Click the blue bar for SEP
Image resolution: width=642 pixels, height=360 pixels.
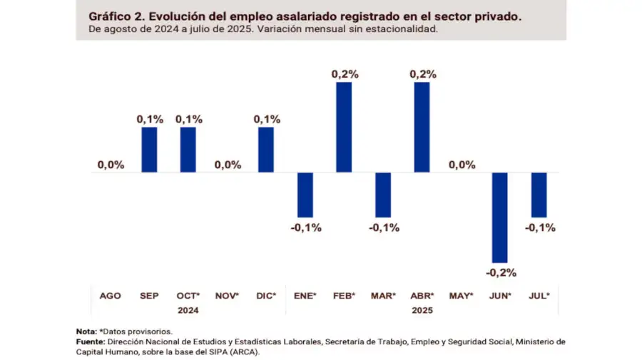149,150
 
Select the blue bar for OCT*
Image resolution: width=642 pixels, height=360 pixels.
188,150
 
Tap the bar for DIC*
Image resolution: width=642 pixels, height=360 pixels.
266,150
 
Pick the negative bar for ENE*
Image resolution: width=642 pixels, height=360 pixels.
305,195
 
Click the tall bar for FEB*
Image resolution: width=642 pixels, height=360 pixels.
344,127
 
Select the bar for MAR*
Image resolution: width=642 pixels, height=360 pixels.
383,195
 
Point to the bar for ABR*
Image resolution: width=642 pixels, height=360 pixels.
422,127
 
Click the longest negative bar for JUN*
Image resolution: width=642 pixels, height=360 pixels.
500,217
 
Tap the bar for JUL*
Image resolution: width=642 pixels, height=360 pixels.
539,195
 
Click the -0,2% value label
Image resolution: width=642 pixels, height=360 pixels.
501,272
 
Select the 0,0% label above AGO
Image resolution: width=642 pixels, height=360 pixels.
111,165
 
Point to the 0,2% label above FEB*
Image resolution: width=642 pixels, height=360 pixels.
345,73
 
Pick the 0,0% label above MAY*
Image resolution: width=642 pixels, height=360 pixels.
462,165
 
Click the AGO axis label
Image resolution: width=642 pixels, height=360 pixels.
111,295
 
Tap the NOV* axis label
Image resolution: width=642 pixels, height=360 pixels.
228,295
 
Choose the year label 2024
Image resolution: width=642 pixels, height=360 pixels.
188,310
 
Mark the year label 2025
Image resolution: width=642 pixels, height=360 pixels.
422,310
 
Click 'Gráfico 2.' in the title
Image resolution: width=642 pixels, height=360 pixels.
113,15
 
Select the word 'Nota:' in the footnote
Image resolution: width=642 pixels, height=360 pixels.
86,331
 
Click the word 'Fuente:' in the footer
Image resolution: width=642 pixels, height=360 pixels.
91,341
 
